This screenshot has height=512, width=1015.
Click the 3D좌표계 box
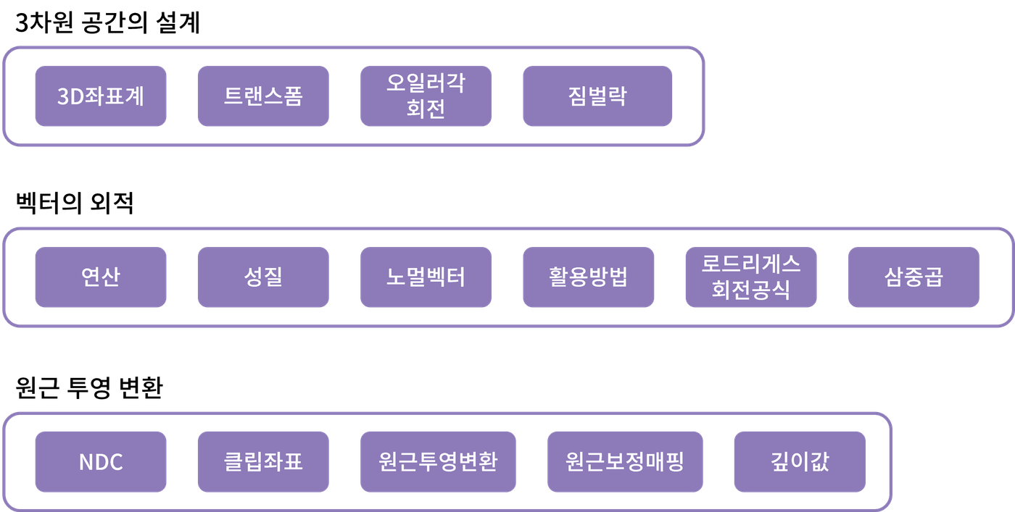tap(100, 96)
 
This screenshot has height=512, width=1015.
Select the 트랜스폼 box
tap(262, 96)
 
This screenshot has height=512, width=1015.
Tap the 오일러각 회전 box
tap(426, 96)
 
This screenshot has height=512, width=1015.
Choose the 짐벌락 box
tap(597, 96)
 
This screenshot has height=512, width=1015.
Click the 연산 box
tap(100, 277)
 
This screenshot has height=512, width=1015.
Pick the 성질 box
tap(262, 277)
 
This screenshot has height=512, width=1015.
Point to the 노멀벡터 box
tap(426, 277)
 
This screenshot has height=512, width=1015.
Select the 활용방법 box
tap(588, 277)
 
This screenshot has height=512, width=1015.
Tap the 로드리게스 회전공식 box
tap(751, 277)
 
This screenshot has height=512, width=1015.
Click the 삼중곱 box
tap(913, 277)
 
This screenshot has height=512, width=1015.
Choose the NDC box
tap(100, 462)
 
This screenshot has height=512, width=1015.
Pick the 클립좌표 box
tap(262, 462)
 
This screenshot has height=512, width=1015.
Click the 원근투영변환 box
tap(438, 462)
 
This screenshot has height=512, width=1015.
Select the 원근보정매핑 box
tap(625, 462)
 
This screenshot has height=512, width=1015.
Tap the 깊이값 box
tap(800, 462)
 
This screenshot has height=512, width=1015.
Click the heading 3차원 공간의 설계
tap(107, 24)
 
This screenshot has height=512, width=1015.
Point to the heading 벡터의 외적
tap(75, 204)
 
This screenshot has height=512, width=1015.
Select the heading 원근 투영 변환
tap(89, 389)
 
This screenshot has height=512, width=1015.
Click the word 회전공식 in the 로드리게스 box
tap(751, 290)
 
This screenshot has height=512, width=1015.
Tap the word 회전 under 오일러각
tap(426, 109)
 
